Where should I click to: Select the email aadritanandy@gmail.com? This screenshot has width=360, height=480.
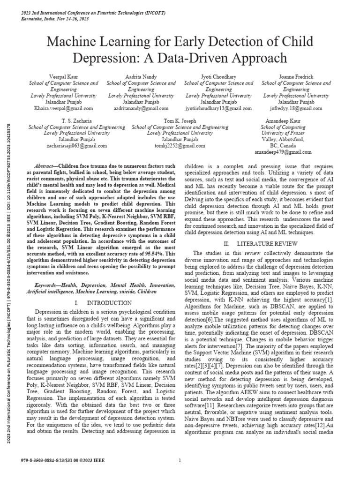point(142,108)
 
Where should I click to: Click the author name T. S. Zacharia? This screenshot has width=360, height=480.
point(77,120)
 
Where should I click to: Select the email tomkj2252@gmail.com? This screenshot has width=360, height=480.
point(180,146)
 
